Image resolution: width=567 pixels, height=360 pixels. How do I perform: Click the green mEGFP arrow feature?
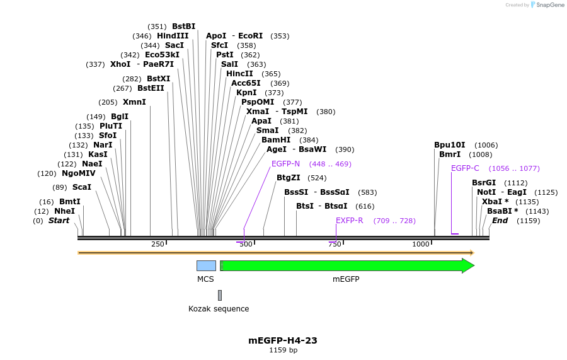(346, 265)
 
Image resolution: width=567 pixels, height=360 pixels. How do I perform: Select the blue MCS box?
(206, 265)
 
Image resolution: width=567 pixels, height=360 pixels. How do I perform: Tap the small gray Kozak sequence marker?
(220, 295)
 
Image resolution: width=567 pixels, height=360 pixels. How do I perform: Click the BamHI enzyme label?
(276, 140)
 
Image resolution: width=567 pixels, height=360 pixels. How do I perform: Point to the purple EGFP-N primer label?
(285, 164)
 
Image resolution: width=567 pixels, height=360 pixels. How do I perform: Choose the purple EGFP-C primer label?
(465, 168)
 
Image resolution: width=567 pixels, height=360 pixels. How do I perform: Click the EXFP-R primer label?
(349, 221)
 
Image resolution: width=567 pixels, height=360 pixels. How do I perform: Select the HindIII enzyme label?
(173, 36)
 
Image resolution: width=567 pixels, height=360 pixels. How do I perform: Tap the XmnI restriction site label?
(134, 102)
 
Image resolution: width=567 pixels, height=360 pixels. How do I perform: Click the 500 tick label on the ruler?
(245, 245)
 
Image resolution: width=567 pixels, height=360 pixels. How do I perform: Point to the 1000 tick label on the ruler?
(420, 245)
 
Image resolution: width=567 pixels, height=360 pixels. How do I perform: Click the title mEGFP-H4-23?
(283, 340)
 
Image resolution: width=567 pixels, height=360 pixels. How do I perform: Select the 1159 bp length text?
(283, 351)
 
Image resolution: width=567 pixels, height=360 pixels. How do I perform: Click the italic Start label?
(59, 221)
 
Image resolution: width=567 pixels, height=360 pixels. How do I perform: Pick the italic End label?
(500, 221)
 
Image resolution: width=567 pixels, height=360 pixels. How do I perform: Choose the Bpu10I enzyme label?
(449, 145)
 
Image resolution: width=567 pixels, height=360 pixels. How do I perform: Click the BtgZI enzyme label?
(289, 178)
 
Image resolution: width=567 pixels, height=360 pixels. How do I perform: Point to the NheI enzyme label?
(64, 211)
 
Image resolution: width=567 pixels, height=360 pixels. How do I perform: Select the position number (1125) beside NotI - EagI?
(546, 192)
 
